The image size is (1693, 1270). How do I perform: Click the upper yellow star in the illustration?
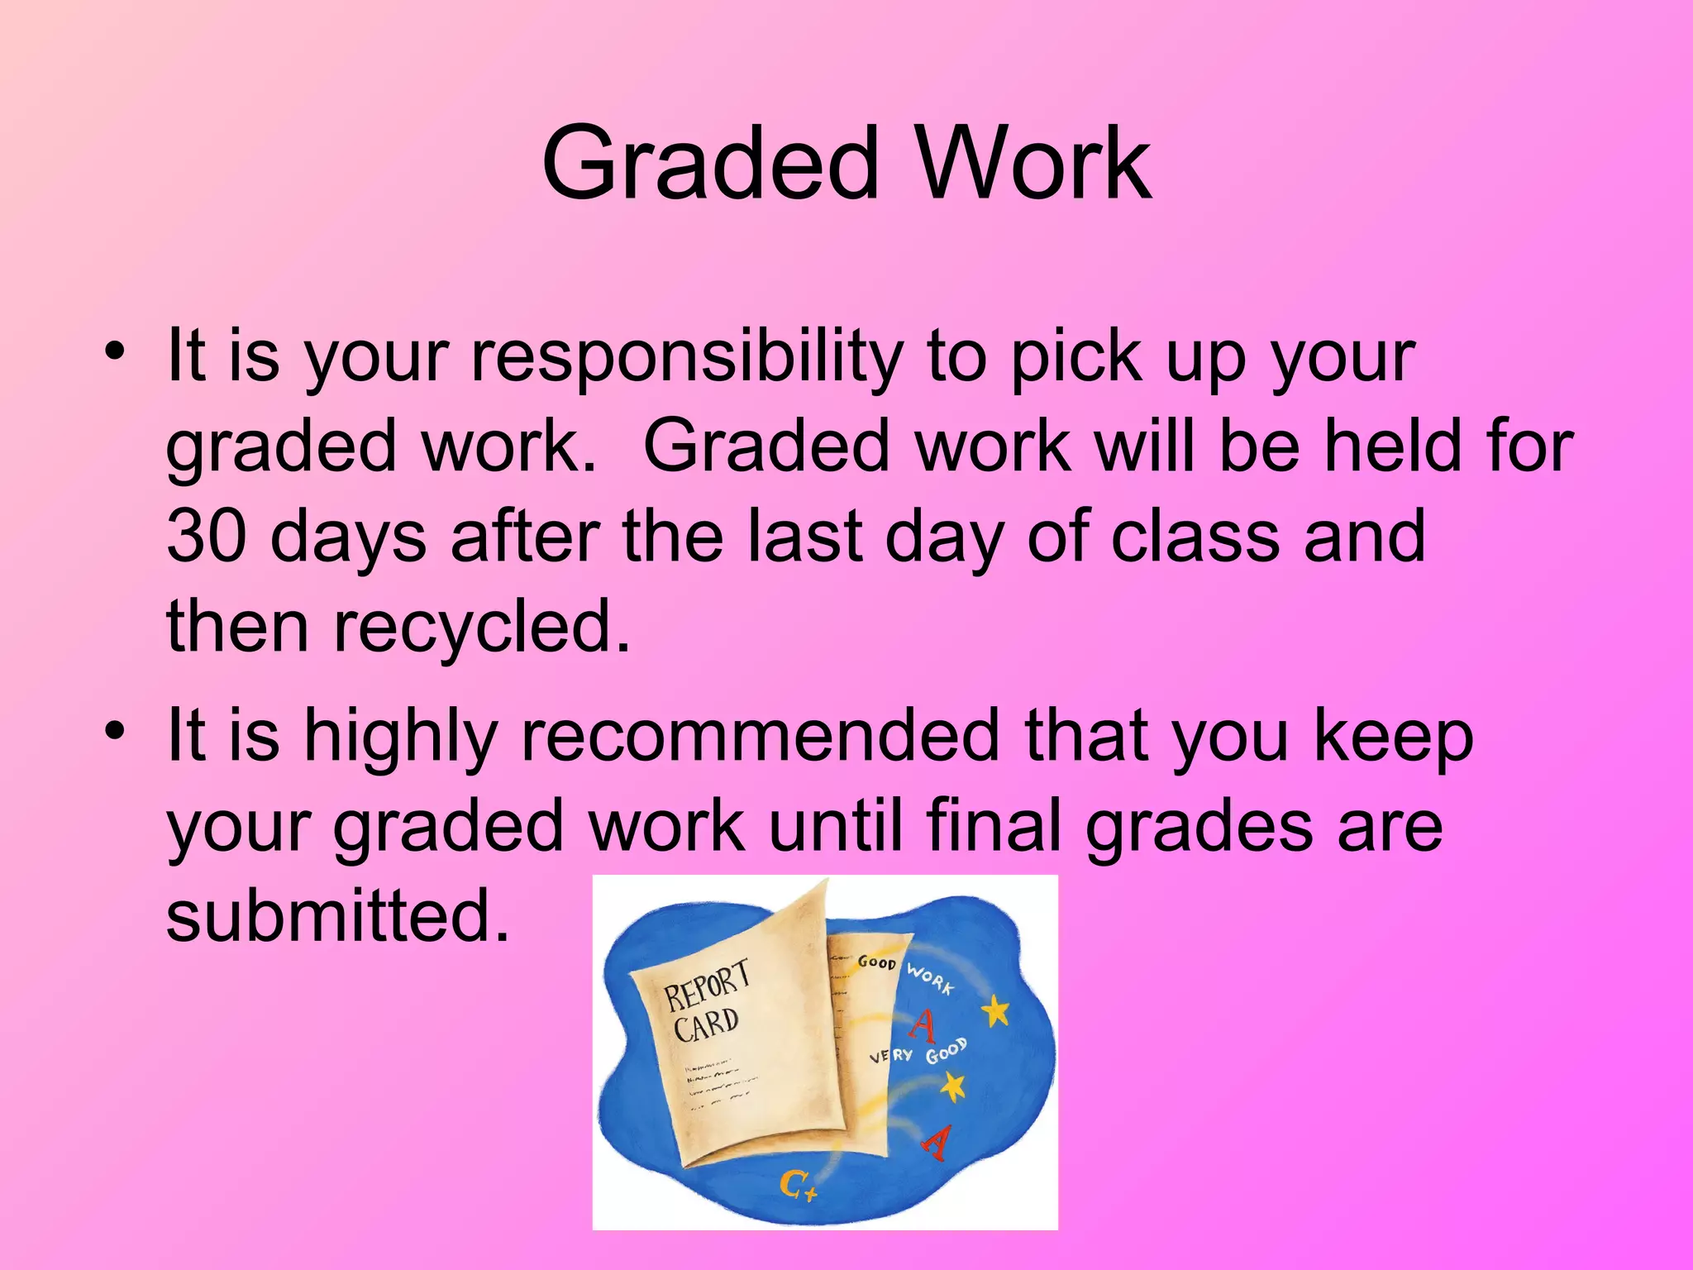[x=996, y=1010]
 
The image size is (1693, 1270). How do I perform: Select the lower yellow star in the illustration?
[x=952, y=1086]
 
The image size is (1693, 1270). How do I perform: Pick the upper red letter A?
[x=923, y=1025]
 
